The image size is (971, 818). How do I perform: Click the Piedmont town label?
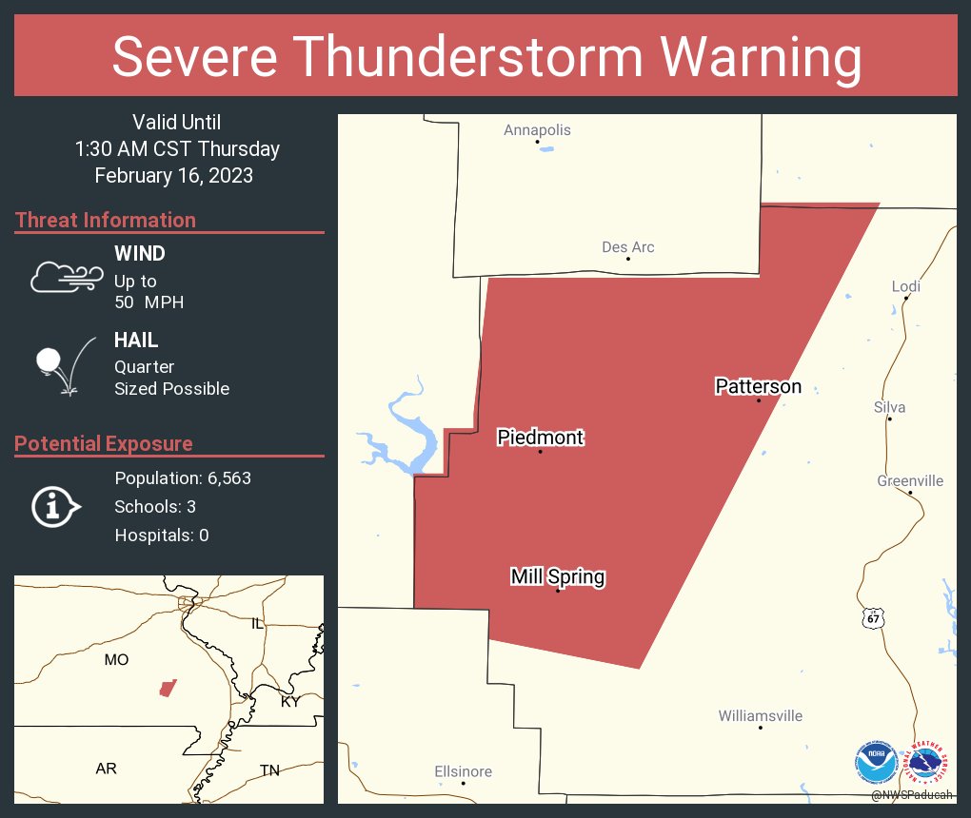(540, 438)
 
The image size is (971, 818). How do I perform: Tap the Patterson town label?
(758, 386)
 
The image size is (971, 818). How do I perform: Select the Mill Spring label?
(557, 576)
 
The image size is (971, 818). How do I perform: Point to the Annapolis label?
(537, 129)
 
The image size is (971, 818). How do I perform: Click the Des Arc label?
(628, 247)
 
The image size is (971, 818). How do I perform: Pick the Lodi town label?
(905, 286)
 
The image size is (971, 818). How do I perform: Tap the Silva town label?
(889, 407)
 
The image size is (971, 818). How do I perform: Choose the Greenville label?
(910, 480)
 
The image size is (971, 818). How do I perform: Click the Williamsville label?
(761, 715)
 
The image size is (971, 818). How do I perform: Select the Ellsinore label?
(463, 771)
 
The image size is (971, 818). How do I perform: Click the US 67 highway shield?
(873, 619)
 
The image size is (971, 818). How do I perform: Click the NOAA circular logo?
(875, 762)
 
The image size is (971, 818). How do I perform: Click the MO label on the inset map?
(116, 659)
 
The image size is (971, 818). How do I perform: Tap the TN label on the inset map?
(269, 769)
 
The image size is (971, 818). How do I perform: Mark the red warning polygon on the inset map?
(168, 687)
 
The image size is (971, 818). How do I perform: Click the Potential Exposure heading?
(104, 443)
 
